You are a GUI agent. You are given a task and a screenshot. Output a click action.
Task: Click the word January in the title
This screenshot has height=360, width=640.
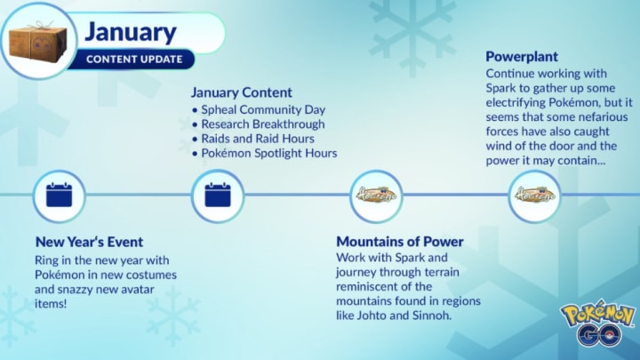131,33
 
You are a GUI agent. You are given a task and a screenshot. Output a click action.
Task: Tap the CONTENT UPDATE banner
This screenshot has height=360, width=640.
132,60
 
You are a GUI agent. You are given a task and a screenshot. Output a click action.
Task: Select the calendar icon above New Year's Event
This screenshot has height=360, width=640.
60,196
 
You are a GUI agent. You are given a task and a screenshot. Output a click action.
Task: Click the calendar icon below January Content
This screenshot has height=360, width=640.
218,196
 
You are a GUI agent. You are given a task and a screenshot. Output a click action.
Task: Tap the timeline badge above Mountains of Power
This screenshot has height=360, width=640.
376,196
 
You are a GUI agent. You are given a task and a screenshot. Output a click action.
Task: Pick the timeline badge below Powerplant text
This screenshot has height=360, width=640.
535,196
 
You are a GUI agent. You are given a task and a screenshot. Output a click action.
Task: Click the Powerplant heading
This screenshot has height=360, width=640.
522,56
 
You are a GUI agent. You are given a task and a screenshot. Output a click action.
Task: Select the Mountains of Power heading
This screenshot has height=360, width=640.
400,242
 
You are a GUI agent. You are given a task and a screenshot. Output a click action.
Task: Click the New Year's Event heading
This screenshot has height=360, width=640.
90,242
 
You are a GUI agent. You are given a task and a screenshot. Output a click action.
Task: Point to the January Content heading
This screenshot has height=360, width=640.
242,92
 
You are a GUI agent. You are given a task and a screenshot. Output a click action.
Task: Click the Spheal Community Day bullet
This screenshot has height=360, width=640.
259,109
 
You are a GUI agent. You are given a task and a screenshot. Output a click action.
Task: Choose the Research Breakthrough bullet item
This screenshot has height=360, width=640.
259,124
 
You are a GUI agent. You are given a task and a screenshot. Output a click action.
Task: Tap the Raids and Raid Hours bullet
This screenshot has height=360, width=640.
253,139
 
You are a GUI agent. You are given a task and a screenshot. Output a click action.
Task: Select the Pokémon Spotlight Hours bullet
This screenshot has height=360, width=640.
265,153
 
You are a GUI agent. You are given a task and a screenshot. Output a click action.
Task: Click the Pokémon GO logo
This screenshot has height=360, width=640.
598,324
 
